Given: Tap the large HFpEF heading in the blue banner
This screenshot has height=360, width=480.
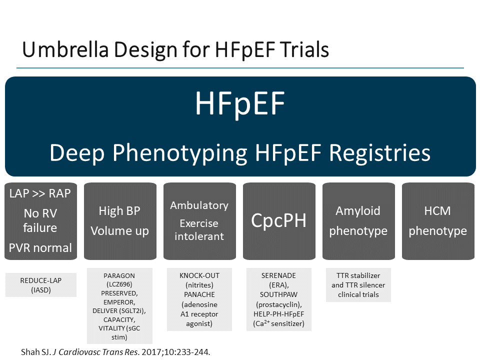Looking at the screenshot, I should click(240, 103).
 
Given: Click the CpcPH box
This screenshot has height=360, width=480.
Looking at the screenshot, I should click(278, 220).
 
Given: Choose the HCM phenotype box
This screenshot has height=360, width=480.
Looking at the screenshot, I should click(437, 220).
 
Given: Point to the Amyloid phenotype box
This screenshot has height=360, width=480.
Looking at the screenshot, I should click(358, 220).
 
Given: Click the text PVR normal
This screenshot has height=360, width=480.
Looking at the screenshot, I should click(40, 248).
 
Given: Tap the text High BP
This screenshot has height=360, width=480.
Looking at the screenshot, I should click(119, 210).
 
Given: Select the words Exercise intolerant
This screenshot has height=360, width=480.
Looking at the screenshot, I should click(199, 229).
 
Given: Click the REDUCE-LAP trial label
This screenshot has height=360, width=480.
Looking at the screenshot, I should click(40, 280).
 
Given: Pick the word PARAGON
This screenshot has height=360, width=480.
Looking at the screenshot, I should click(119, 275).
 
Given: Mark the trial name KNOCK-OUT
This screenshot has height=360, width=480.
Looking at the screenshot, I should click(199, 275).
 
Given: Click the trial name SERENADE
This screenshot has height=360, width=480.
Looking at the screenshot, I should click(278, 275).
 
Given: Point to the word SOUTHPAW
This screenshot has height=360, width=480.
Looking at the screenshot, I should click(278, 294).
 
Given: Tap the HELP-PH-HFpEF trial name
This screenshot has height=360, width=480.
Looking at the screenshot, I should click(278, 313).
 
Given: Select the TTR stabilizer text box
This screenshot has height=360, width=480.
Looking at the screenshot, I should click(358, 285).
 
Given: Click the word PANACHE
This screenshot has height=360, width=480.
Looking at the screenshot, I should click(199, 294).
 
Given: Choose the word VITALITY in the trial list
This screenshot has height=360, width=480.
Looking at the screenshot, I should click(111, 328).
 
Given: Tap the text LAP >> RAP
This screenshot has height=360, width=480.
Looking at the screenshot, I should click(40, 193).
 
